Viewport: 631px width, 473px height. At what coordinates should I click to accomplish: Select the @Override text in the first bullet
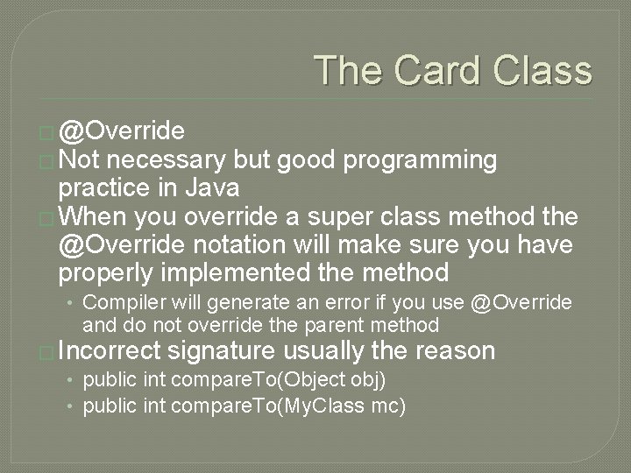[121, 131]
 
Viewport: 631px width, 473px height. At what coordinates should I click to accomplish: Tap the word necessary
[167, 160]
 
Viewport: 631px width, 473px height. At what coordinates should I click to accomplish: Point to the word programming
[420, 160]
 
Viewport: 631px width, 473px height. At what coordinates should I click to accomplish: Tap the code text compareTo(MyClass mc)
[287, 406]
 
